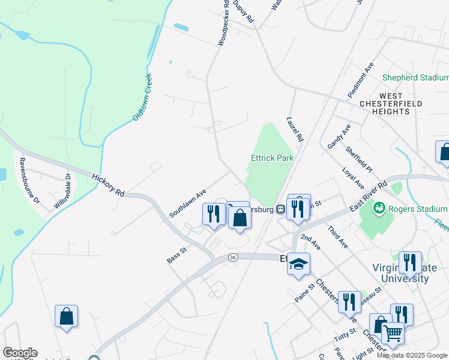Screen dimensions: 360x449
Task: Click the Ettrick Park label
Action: [x=271, y=158]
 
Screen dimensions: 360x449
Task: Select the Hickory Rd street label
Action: [x=109, y=185]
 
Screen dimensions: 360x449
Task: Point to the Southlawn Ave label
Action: [x=187, y=202]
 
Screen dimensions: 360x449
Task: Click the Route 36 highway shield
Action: [x=234, y=257]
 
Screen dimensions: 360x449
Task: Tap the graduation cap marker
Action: [x=298, y=265]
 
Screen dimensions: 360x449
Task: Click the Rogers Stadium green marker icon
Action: [x=379, y=209]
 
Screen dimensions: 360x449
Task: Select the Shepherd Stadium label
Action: [x=415, y=77]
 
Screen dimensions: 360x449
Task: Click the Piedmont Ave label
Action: [x=360, y=80]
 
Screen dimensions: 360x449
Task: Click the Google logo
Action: [x=20, y=352]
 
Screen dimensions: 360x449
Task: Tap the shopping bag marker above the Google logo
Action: [x=66, y=316]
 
